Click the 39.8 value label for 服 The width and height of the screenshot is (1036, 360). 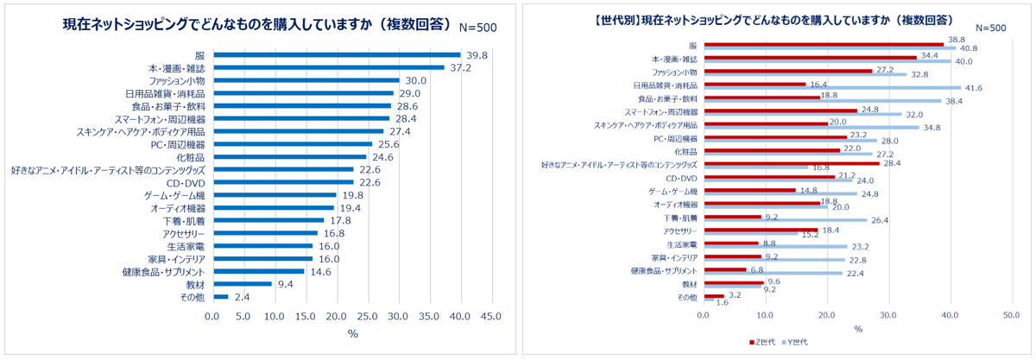[477, 55]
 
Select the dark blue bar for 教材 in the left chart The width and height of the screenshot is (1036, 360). [243, 284]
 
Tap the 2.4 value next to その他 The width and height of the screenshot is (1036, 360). [243, 297]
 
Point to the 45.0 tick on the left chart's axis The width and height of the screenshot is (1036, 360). [491, 317]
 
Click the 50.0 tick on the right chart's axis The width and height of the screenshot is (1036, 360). [1013, 315]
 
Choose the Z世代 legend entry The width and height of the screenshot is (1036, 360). [765, 342]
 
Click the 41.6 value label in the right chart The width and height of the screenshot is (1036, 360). [973, 87]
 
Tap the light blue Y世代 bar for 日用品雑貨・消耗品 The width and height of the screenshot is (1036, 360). [832, 87]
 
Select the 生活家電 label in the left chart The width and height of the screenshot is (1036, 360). [186, 246]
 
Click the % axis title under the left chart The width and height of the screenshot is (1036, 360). [352, 333]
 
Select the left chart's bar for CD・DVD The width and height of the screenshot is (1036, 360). [283, 182]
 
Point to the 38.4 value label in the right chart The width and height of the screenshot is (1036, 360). [953, 101]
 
